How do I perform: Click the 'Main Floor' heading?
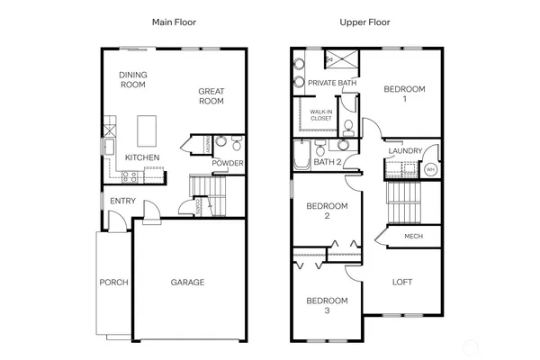(x=175, y=22)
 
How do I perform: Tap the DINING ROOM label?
(x=133, y=79)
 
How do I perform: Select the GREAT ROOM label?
(x=211, y=96)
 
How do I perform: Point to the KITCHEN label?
(x=142, y=157)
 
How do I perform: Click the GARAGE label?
(x=187, y=282)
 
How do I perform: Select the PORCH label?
(x=113, y=282)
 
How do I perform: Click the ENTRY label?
(x=122, y=201)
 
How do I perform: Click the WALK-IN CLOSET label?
(x=321, y=115)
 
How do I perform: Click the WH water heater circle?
(x=430, y=169)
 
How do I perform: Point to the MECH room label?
(x=413, y=236)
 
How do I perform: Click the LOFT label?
(x=402, y=282)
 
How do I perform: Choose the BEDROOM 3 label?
(x=326, y=305)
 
